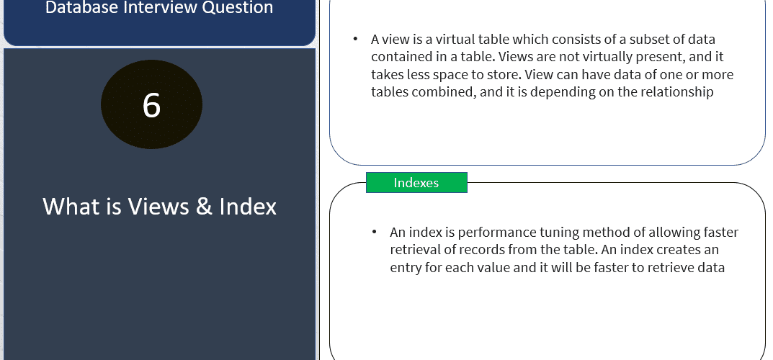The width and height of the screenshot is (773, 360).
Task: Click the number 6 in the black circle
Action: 151,105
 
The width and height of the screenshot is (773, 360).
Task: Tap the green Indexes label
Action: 416,183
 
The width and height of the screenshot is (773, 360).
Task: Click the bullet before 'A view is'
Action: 355,39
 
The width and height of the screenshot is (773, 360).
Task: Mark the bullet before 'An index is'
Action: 375,231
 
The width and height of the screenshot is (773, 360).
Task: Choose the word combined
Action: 441,92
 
